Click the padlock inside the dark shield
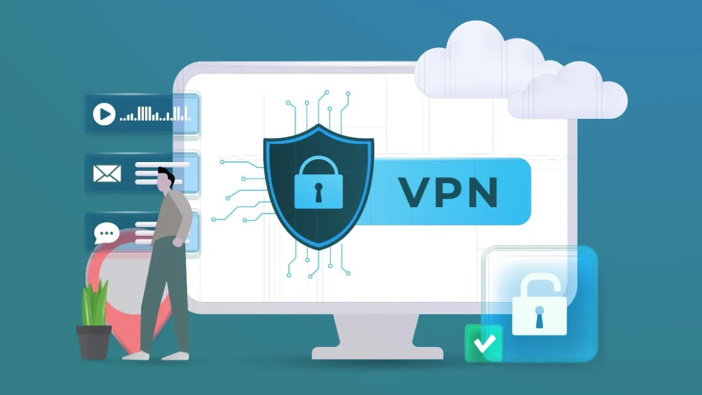[x=319, y=182]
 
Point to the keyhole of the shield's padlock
[x=319, y=191]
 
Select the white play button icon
[x=104, y=114]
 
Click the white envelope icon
[x=107, y=173]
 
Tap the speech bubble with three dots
[x=107, y=233]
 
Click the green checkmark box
[x=484, y=343]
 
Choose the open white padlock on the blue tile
[x=539, y=304]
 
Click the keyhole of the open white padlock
[x=539, y=316]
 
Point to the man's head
[x=165, y=179]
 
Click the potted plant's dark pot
[x=94, y=342]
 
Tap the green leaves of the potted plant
[x=95, y=303]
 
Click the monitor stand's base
[x=377, y=353]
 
